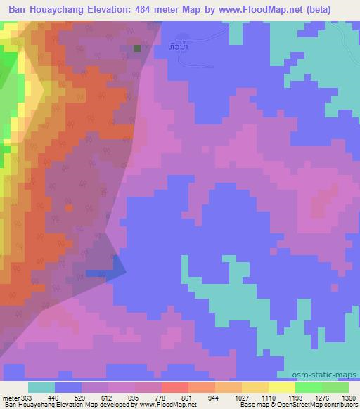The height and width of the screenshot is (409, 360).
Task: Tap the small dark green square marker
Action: tap(137, 48)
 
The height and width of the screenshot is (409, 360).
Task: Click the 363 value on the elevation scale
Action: tap(26, 398)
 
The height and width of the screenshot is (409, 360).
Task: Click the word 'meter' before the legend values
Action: tap(9, 398)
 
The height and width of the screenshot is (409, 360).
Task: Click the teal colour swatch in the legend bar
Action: tap(41, 387)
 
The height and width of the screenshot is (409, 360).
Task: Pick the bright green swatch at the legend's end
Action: tap(335, 387)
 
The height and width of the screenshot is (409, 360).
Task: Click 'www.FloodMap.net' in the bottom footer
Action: tap(171, 405)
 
